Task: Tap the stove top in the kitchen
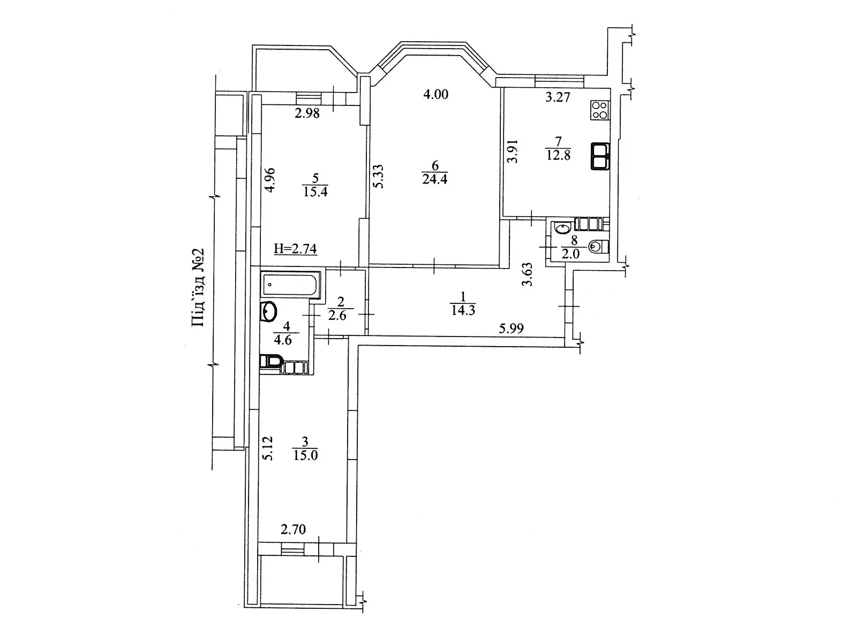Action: pos(600,110)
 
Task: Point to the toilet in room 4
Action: pos(271,362)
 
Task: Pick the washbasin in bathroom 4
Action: pos(269,311)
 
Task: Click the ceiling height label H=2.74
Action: pos(295,249)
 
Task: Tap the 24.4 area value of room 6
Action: pos(434,179)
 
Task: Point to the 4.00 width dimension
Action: pos(435,95)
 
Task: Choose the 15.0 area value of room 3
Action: pos(305,456)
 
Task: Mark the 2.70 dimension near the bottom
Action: pos(294,530)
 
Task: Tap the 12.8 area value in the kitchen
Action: pos(558,156)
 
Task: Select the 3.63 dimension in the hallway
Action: pos(528,274)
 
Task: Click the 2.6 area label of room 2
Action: pos(337,316)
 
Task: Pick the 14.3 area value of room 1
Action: pos(463,310)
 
